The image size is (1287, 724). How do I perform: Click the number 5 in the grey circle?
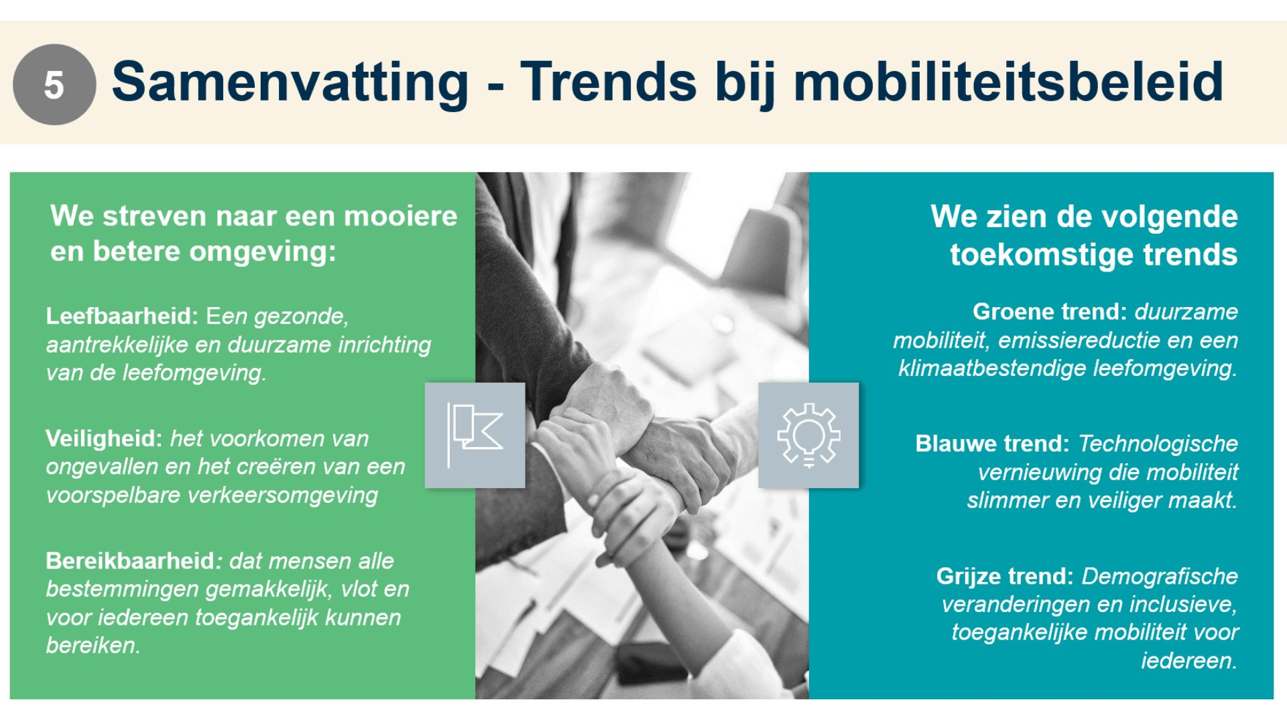pos(54,85)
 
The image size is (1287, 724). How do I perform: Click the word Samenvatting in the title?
pos(290,82)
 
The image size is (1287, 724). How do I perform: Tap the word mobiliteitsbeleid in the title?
pos(1008,82)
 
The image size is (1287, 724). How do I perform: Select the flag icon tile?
pos(475,435)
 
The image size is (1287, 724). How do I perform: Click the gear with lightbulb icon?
pos(808,435)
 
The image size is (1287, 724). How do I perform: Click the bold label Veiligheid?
pos(104,438)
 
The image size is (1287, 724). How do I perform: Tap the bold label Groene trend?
pos(1049,312)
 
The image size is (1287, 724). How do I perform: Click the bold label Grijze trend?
pos(1004,577)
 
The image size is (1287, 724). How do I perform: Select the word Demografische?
pos(1160,577)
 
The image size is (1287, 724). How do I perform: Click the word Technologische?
pos(1158,444)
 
